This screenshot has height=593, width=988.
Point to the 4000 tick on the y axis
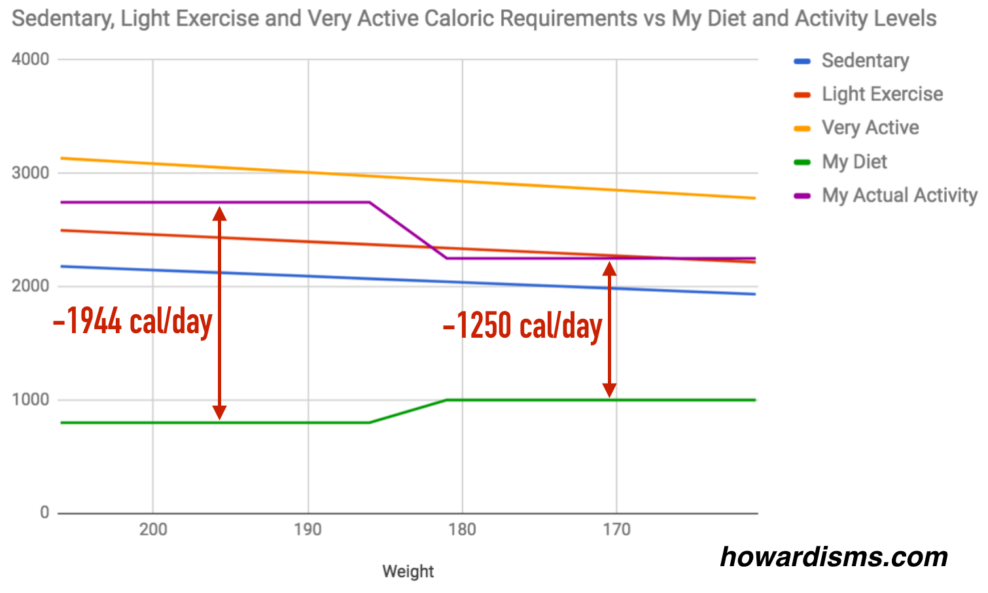[x=31, y=60]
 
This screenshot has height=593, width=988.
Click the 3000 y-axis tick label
[x=31, y=173]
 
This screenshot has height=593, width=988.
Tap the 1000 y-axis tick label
[x=31, y=400]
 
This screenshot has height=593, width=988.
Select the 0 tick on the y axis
[x=44, y=513]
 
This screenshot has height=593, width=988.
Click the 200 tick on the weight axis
[x=153, y=530]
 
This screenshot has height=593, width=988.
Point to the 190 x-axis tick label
[x=308, y=530]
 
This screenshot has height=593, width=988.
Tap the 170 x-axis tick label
[x=616, y=530]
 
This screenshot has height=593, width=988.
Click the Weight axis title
[x=408, y=571]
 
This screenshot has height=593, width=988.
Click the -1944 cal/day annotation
[x=133, y=322]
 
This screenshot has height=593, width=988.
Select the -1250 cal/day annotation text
[x=522, y=326]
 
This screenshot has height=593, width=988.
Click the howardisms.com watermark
[x=834, y=557]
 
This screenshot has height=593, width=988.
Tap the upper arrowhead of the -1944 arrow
[x=220, y=213]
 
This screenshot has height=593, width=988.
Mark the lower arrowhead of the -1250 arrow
[x=610, y=390]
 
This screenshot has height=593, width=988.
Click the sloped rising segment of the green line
[x=408, y=411]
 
